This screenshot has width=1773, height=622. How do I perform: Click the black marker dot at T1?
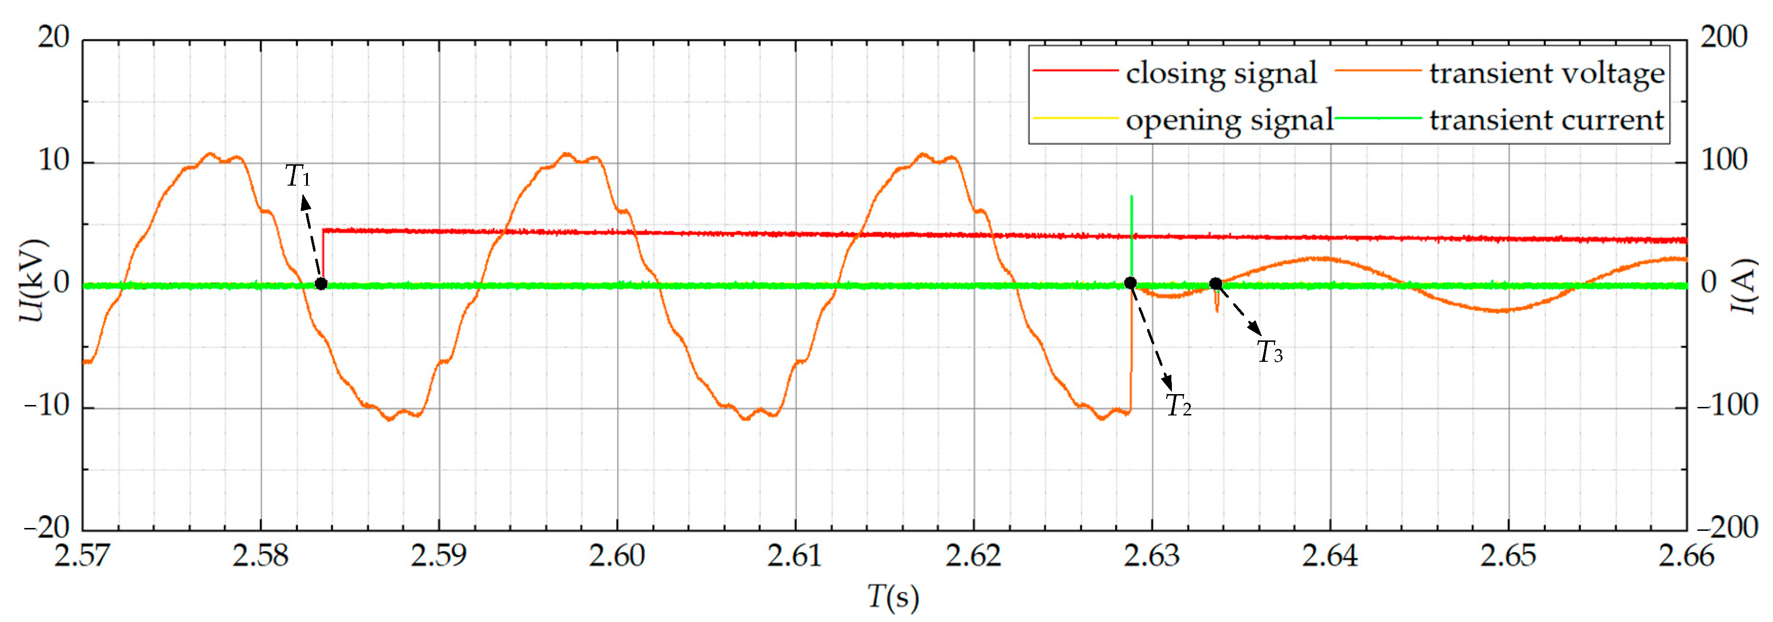(321, 283)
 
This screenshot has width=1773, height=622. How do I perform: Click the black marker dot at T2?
(1130, 283)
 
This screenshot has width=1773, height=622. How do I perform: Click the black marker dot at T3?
(1216, 283)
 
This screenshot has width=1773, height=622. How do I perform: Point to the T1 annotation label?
(298, 177)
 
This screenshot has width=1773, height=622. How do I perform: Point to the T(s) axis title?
(893, 597)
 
